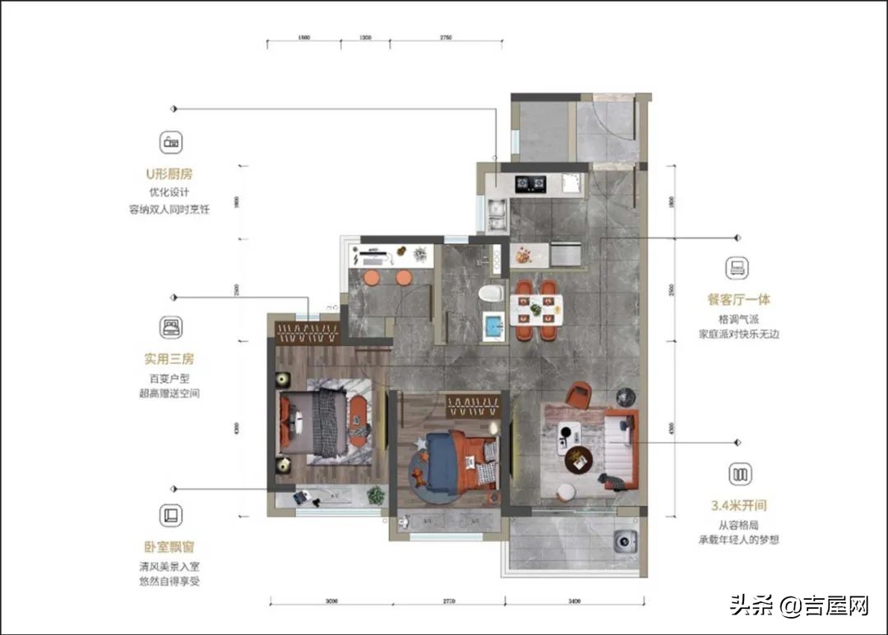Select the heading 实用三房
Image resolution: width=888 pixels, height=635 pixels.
(170, 359)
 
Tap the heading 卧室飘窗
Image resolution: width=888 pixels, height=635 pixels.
(170, 546)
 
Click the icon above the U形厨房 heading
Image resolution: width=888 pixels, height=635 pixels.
(171, 140)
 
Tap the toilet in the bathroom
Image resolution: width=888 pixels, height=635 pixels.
(492, 293)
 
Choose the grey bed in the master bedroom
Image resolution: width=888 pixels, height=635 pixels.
(317, 421)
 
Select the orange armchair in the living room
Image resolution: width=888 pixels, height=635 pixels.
(578, 396)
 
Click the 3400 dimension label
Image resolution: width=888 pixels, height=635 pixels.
(574, 602)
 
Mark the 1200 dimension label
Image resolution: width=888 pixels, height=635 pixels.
(367, 39)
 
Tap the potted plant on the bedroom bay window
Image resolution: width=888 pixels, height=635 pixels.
(376, 495)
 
